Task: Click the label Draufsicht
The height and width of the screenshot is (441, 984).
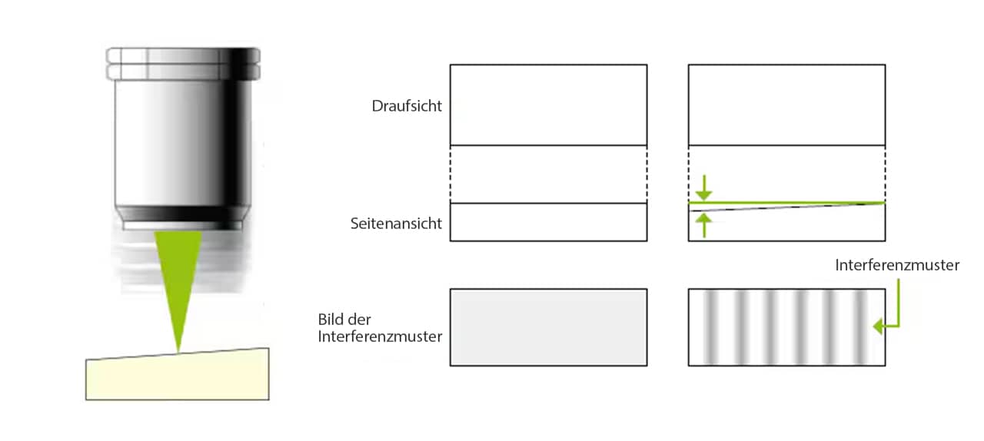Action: pyautogui.click(x=407, y=106)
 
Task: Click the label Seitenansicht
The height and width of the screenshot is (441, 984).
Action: pyautogui.click(x=396, y=224)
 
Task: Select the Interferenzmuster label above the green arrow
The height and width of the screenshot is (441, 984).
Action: pyautogui.click(x=897, y=265)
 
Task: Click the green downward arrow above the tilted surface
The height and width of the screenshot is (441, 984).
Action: pyautogui.click(x=704, y=187)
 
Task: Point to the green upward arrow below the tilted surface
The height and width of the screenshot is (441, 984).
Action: pyautogui.click(x=704, y=225)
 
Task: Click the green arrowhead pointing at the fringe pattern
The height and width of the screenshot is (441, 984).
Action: pyautogui.click(x=879, y=327)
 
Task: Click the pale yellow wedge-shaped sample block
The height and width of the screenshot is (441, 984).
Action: pyautogui.click(x=178, y=374)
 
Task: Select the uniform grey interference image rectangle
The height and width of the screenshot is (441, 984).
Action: pyautogui.click(x=549, y=327)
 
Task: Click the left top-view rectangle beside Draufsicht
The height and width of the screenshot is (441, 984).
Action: pyautogui.click(x=549, y=105)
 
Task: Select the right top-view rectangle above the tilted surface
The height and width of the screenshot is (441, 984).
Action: pyautogui.click(x=786, y=105)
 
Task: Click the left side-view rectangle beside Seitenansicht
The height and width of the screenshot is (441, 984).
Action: pyautogui.click(x=549, y=222)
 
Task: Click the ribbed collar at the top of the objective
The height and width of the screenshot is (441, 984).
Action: pyautogui.click(x=183, y=64)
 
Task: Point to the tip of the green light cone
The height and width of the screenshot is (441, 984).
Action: pyautogui.click(x=178, y=352)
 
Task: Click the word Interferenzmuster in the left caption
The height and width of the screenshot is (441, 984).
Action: pyautogui.click(x=380, y=337)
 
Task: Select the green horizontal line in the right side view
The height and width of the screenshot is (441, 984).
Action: pyautogui.click(x=786, y=203)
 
